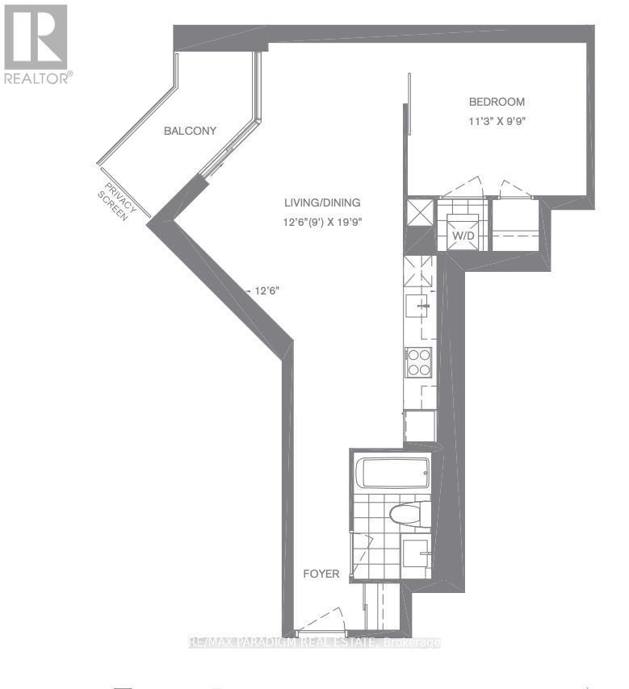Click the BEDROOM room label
(497, 102)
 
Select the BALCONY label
(190, 131)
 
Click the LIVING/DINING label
(321, 203)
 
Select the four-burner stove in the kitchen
(419, 362)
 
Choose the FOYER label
(321, 574)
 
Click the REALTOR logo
(37, 44)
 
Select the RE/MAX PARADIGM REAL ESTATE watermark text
(314, 643)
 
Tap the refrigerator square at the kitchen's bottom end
(421, 426)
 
